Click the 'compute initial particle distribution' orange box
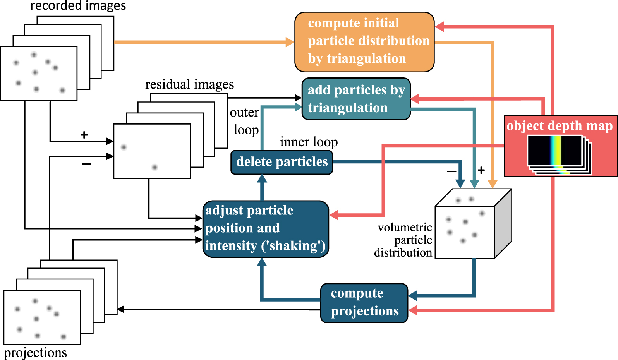tap(364, 42)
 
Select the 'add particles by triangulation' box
tap(355, 99)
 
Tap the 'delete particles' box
tap(282, 162)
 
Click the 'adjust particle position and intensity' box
tap(265, 228)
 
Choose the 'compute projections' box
tap(364, 303)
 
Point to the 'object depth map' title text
tap(560, 126)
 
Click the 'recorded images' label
tap(78, 6)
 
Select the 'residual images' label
tap(189, 84)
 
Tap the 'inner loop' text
tap(309, 142)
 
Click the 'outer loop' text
tap(245, 121)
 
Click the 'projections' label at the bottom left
tap(35, 353)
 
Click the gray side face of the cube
tap(503, 223)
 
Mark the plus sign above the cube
tap(481, 170)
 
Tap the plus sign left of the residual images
tap(84, 135)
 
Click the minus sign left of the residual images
tap(86, 164)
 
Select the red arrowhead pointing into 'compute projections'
tap(413, 310)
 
